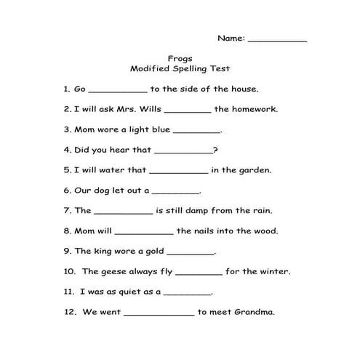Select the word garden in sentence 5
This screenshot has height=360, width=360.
click(x=254, y=170)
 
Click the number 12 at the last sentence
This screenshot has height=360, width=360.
click(x=69, y=313)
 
